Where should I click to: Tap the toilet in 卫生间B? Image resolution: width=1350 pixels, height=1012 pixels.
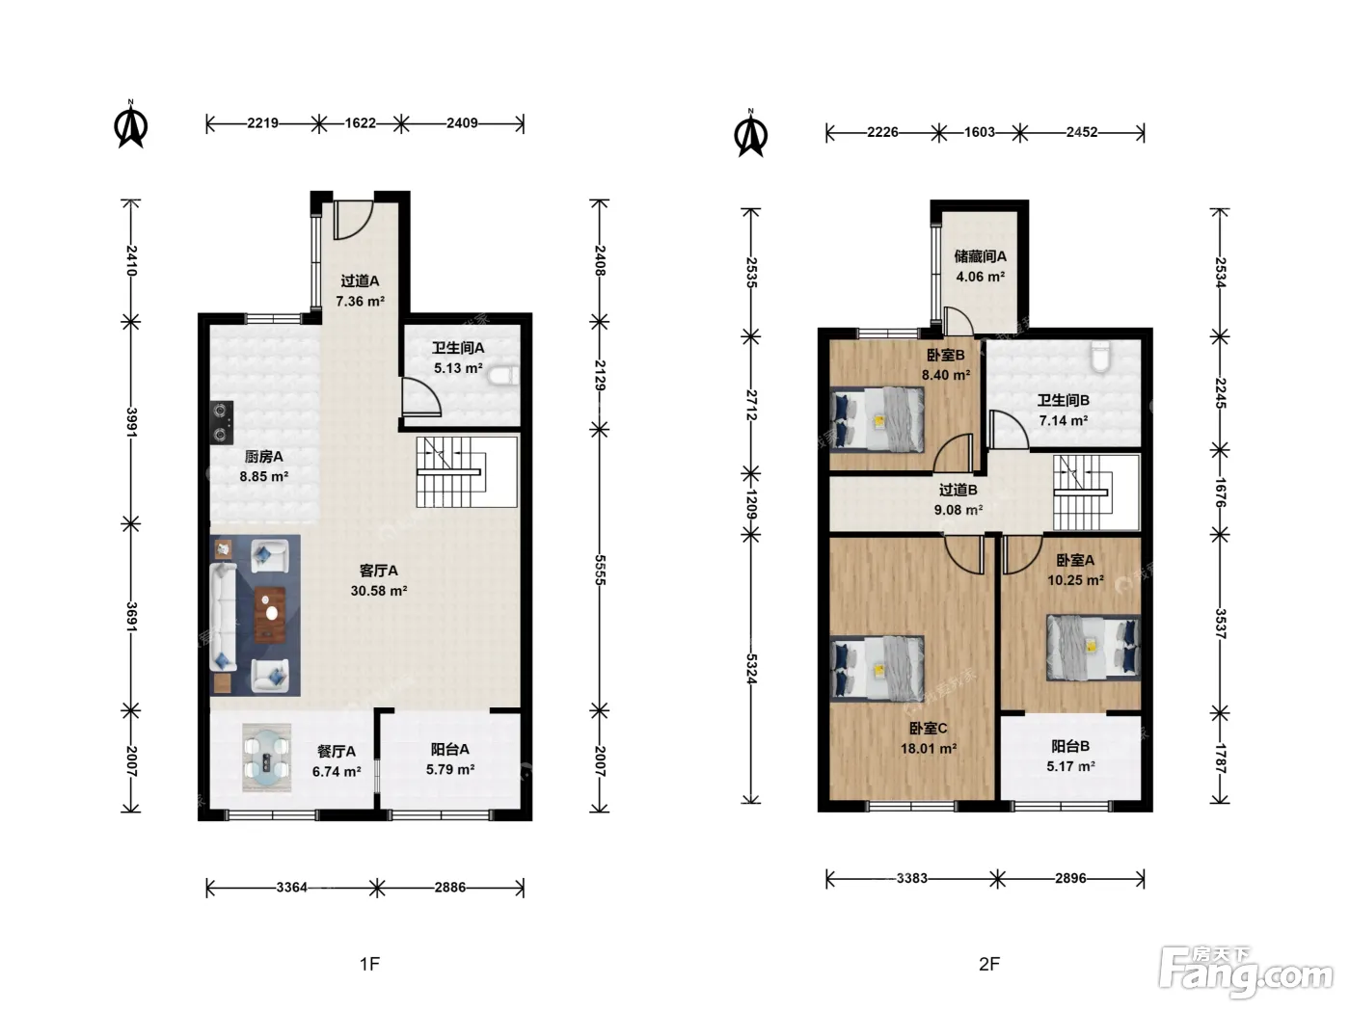[x=1100, y=356]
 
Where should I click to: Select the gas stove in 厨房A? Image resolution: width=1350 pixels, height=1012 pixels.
[x=222, y=422]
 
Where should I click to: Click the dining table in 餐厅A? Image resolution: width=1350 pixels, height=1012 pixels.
[x=266, y=757]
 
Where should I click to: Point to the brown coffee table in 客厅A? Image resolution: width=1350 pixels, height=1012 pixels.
[x=270, y=615]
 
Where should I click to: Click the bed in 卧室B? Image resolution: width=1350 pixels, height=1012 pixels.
[x=877, y=419]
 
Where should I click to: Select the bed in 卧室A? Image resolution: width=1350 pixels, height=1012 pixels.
[x=1093, y=648]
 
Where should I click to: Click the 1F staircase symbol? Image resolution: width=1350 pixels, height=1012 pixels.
[x=466, y=472]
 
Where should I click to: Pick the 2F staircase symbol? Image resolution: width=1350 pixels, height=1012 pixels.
[x=1096, y=493]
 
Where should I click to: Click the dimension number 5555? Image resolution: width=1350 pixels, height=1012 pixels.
[x=601, y=570]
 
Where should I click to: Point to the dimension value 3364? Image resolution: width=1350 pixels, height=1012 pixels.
[x=291, y=888]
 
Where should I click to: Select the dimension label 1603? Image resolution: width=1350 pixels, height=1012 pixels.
[x=979, y=132]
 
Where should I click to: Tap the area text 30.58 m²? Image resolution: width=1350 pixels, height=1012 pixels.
[x=379, y=591]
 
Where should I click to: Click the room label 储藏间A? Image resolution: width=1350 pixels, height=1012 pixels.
[x=981, y=256]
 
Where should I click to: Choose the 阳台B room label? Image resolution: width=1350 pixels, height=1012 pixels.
[x=1070, y=746]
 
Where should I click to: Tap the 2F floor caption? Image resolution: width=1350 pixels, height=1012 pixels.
[x=989, y=964]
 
